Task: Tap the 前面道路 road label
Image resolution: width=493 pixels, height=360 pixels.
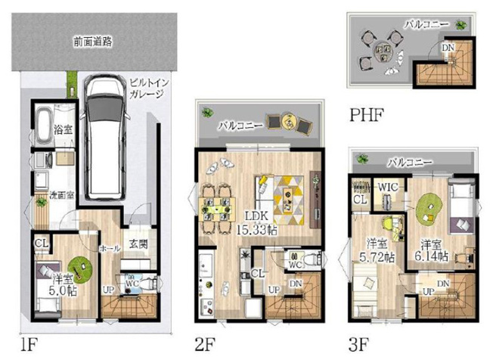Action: (92, 42)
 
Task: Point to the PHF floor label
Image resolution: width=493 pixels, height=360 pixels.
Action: (367, 115)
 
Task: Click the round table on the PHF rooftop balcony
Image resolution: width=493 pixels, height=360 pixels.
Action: (382, 49)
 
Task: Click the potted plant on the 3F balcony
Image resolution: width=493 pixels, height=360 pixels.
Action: (363, 160)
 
